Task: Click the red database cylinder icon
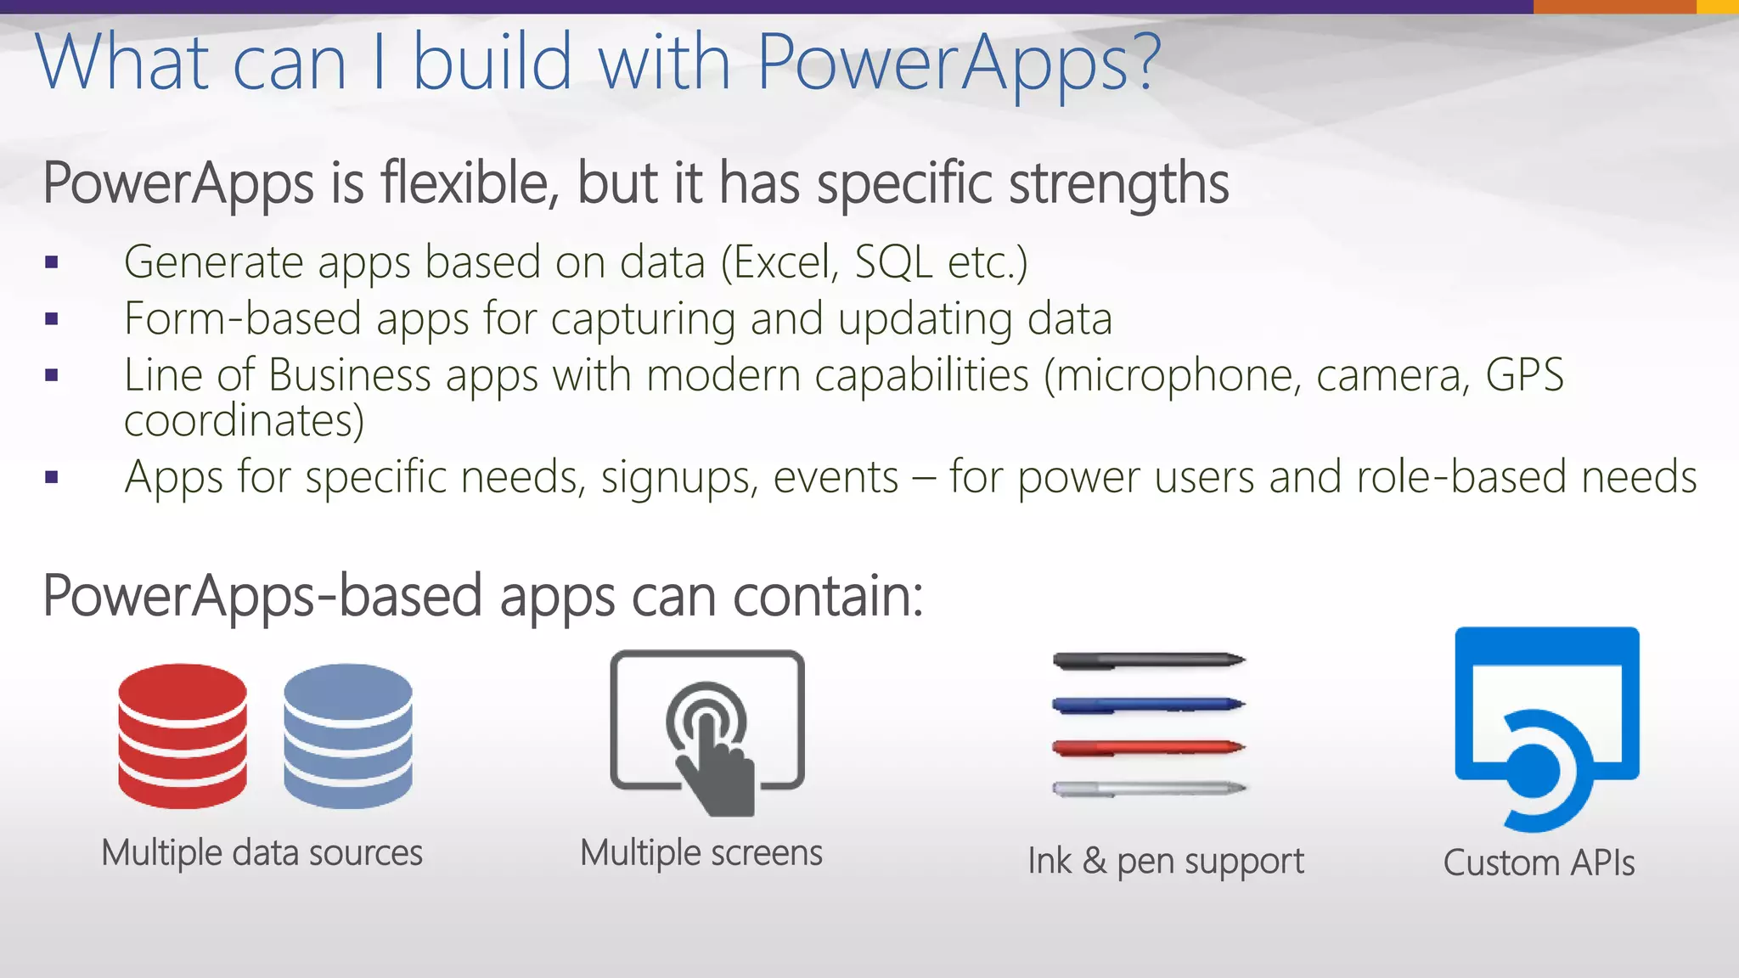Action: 183,735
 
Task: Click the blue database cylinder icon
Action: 348,735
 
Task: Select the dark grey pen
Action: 1148,660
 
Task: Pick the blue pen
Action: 1148,705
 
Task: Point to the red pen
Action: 1148,748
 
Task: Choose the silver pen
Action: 1148,789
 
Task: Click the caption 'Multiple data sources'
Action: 262,853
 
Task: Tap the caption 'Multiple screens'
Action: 701,853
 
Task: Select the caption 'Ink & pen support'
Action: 1165,862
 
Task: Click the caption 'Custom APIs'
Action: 1539,863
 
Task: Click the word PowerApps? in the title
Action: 958,63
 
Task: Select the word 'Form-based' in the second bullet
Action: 243,319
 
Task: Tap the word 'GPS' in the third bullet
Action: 1524,375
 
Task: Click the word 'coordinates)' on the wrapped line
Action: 244,421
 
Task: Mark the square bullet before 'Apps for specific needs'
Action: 52,478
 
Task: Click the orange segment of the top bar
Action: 1614,7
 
